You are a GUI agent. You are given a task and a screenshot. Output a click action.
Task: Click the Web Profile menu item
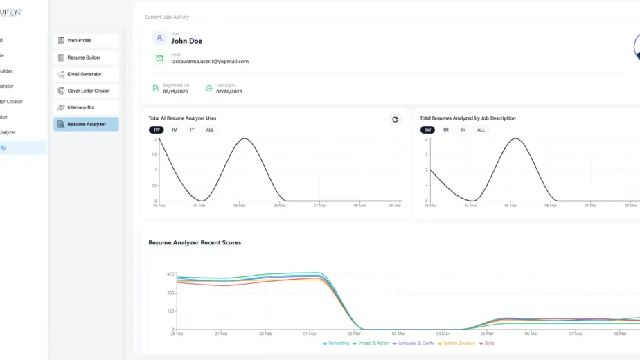point(86,41)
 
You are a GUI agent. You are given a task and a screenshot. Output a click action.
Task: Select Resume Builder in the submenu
point(86,57)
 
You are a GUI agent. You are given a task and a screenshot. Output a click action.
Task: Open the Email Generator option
point(86,74)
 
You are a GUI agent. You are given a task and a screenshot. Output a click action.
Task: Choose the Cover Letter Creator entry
point(86,91)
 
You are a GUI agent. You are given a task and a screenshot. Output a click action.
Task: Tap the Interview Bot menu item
point(86,107)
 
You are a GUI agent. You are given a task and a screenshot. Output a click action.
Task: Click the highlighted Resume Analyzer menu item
point(86,124)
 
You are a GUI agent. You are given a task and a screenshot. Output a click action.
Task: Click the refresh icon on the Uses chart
point(395,119)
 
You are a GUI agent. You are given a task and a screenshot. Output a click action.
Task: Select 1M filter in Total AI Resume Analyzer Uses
point(175,129)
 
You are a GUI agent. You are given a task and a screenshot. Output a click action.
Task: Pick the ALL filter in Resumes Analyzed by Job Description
point(481,129)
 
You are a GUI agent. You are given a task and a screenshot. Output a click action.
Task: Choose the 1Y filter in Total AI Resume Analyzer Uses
point(191,129)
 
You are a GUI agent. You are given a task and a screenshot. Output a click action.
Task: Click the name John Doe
point(186,41)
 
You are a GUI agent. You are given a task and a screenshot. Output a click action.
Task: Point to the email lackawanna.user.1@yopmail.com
point(210,61)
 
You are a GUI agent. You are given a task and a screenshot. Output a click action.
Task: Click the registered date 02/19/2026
point(175,91)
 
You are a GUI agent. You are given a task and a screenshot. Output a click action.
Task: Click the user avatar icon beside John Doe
point(159,38)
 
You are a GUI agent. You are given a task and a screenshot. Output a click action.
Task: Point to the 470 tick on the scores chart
point(170,274)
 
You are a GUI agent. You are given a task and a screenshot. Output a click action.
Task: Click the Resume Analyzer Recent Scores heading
point(195,242)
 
